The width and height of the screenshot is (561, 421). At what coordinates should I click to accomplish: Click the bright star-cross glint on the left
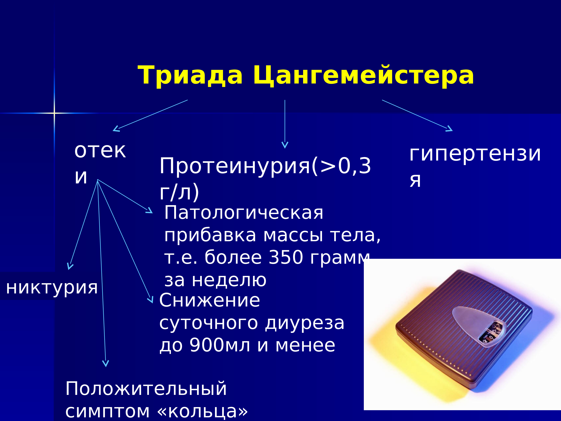54,113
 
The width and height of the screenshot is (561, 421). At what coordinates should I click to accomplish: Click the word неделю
229,280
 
